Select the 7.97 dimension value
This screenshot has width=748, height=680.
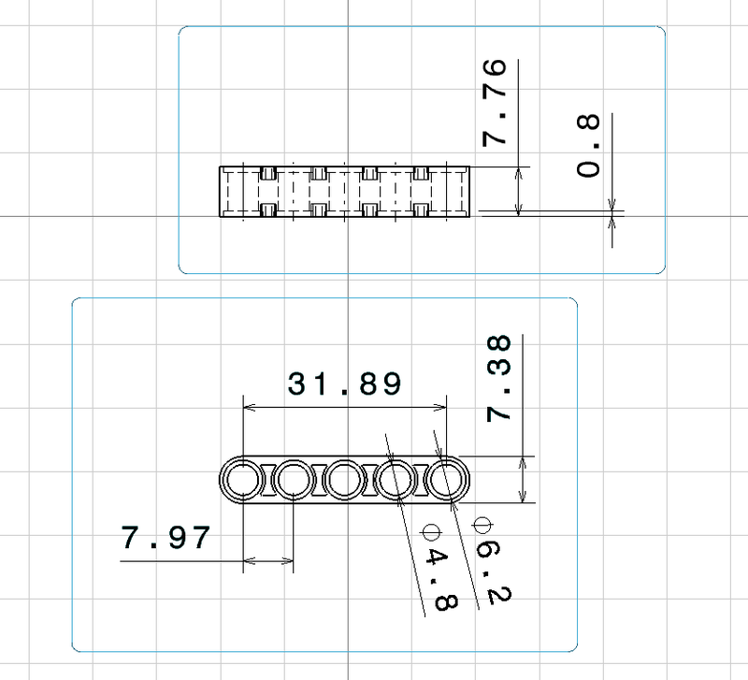coord(165,539)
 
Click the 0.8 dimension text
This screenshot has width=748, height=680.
coord(589,156)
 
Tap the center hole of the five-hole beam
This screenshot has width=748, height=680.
coord(344,482)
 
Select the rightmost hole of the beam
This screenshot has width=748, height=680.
coord(445,482)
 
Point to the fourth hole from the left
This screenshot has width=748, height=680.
coord(395,482)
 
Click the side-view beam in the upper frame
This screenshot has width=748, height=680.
coord(344,192)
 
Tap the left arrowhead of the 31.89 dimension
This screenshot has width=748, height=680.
coord(247,407)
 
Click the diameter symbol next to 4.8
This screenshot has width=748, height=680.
coord(430,530)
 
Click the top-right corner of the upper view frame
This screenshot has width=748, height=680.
coord(664,28)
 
